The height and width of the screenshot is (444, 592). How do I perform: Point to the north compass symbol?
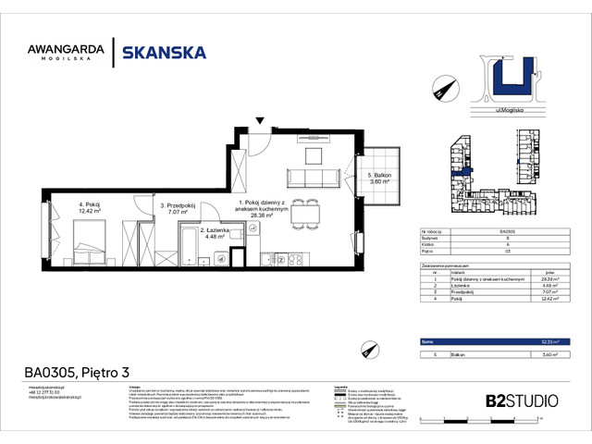click(x=441, y=89)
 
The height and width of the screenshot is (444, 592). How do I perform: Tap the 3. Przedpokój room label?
click(x=175, y=207)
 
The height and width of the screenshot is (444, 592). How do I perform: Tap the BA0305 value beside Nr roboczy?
click(x=508, y=231)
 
